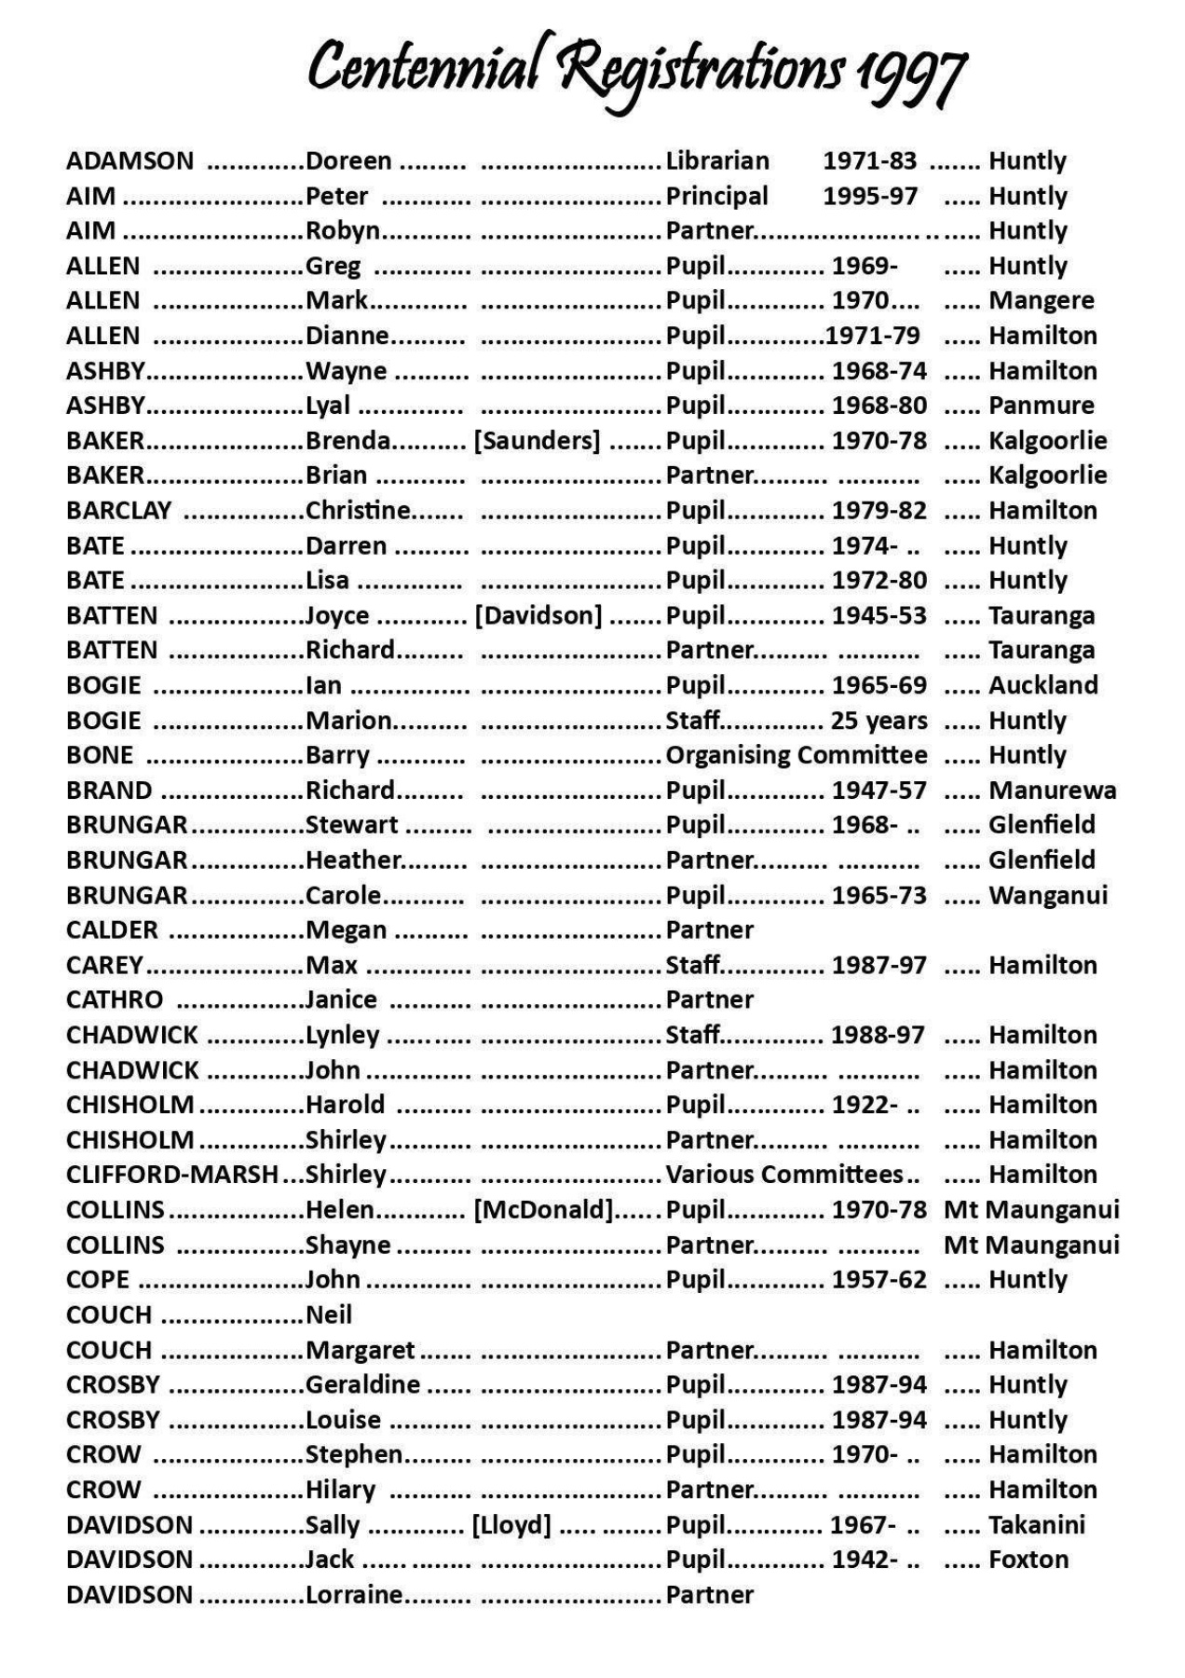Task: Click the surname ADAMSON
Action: [129, 161]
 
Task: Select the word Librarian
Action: [717, 161]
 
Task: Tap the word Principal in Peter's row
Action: [716, 197]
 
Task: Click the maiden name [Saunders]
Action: [537, 441]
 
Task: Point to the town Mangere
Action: [1041, 301]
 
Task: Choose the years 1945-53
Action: [879, 616]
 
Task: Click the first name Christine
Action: [358, 511]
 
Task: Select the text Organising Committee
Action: [796, 755]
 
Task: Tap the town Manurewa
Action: [1052, 791]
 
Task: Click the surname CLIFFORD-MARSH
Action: [171, 1175]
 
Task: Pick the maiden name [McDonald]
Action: [543, 1210]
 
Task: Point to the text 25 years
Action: [879, 721]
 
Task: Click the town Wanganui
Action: [1048, 896]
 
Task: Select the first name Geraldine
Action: [362, 1384]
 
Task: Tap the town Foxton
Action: [1028, 1560]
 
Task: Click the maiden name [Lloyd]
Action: [511, 1525]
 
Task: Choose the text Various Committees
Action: [784, 1175]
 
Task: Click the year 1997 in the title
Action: [910, 73]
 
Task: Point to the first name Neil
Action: [329, 1314]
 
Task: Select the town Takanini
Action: [1036, 1525]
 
